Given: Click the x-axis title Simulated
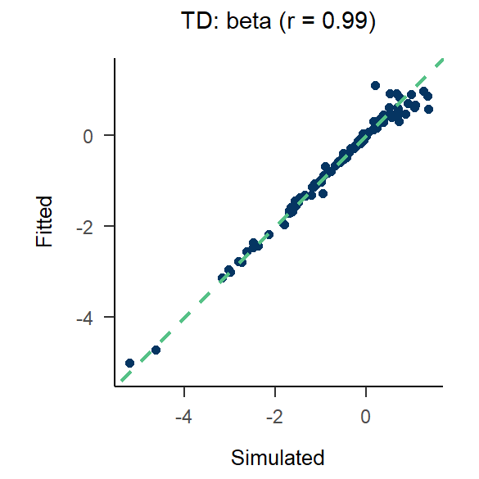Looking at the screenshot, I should (278, 457).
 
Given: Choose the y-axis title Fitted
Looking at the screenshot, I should (44, 221).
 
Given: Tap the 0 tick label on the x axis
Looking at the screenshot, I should (366, 416).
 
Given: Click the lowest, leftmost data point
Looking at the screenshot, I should (129, 363).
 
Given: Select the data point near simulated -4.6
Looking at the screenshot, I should (156, 350).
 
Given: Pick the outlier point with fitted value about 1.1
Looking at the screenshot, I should (375, 85).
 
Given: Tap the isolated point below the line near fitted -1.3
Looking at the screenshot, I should (323, 194).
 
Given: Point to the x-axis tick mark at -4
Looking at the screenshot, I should (184, 389).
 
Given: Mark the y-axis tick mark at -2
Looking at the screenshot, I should (110, 226).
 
